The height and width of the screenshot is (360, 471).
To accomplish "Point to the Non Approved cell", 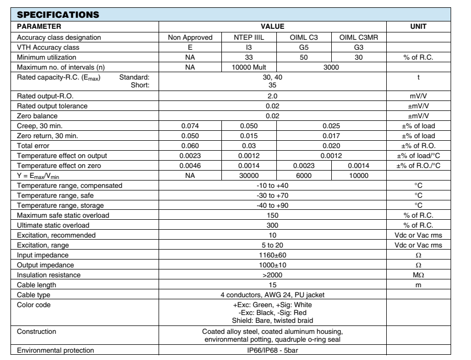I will click(x=190, y=38).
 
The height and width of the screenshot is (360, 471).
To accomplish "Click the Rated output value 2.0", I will click(x=272, y=96).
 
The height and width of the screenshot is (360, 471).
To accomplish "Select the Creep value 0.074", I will click(x=190, y=125).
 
